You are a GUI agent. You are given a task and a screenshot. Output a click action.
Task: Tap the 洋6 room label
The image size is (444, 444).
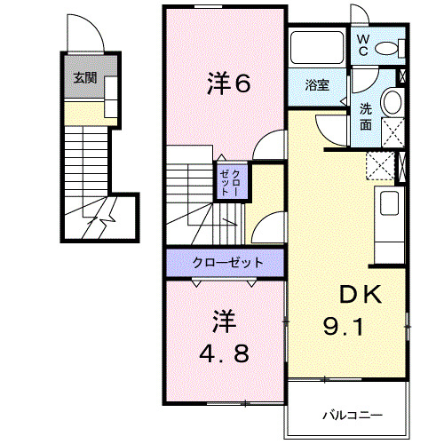click(229, 84)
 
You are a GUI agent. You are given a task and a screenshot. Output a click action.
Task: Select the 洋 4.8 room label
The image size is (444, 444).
click(224, 333)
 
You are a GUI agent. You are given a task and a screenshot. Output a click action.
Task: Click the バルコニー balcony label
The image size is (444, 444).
click(351, 415)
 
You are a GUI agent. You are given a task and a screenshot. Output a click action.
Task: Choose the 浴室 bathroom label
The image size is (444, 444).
click(317, 85)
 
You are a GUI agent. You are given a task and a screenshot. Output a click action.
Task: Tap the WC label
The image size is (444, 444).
click(364, 45)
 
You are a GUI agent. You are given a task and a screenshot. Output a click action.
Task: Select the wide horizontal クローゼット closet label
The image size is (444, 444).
click(227, 262)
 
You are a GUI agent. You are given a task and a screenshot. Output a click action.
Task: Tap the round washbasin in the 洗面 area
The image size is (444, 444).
click(392, 104)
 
